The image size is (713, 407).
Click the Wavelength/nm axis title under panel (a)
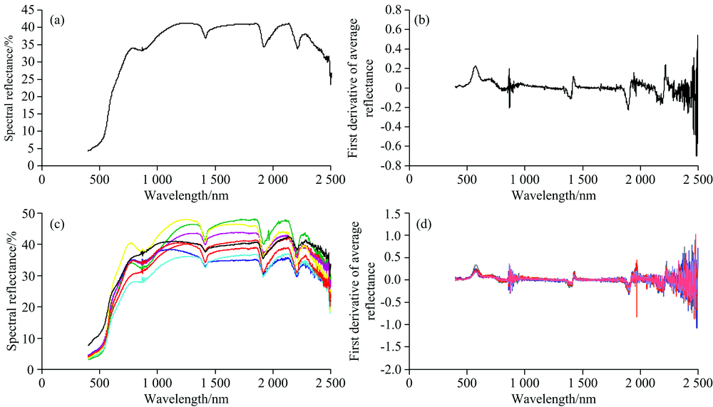[x=186, y=194]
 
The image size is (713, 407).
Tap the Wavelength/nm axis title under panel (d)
[x=553, y=398]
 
